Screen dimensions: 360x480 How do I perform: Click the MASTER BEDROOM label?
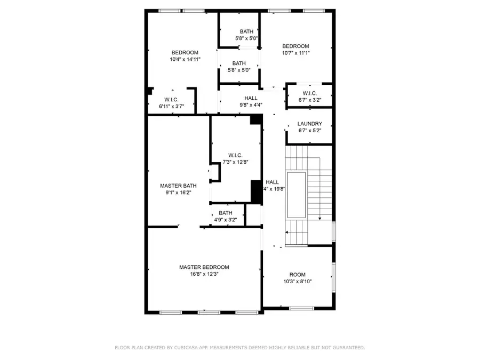point(204,267)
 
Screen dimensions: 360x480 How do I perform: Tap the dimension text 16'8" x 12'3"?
point(204,274)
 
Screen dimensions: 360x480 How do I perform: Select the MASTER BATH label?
point(178,186)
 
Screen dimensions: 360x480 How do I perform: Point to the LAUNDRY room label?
point(309,124)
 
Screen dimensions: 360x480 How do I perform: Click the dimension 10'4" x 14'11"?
point(185,60)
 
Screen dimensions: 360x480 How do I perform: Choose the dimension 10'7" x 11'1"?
point(295,53)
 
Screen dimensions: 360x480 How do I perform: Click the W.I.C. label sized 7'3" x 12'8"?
point(233,155)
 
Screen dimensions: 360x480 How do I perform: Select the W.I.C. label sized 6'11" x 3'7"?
point(171,100)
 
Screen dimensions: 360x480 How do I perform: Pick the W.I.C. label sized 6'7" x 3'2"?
point(310,93)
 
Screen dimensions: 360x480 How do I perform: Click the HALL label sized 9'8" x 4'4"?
point(251,98)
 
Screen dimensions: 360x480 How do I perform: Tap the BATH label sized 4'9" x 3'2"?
point(226,213)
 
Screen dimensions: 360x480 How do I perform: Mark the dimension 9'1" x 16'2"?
point(178,193)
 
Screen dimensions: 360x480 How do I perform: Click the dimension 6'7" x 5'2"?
point(309,131)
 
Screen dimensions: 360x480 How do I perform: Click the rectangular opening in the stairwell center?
point(297,195)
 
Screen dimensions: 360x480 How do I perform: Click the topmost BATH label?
point(246,31)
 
